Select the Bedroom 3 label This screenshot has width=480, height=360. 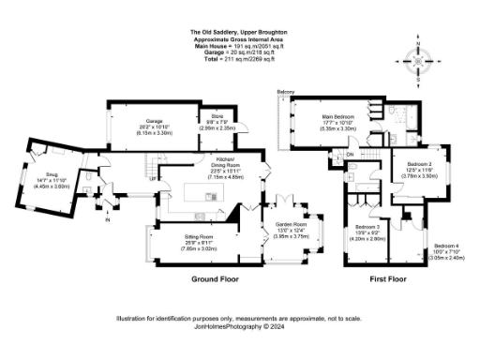tap(367, 228)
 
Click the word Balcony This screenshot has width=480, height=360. tap(286, 91)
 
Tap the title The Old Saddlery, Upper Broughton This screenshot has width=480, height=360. tap(239, 31)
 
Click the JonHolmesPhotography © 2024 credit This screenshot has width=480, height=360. tap(238, 327)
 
